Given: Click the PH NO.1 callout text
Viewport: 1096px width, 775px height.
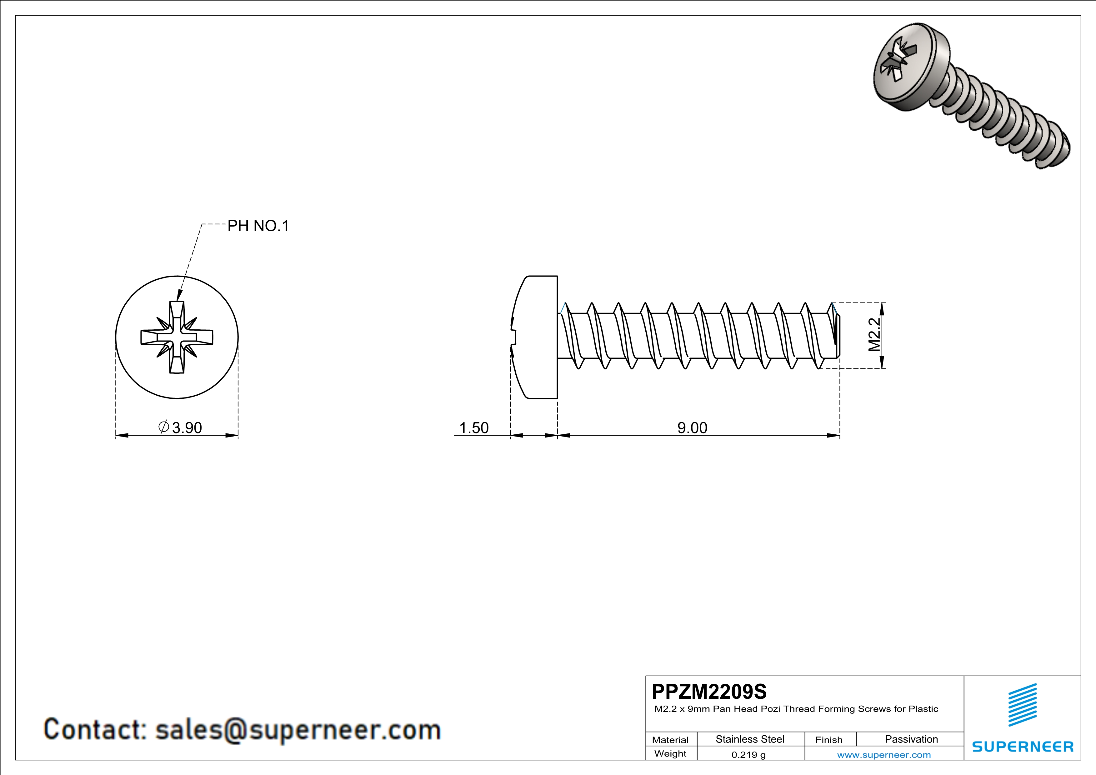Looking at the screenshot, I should pos(258,226).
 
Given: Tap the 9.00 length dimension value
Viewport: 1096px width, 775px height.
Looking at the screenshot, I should pos(692,427).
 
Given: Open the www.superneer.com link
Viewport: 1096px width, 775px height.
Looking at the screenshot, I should pos(883,754).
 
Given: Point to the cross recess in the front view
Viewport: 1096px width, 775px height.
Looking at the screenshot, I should pos(177,337).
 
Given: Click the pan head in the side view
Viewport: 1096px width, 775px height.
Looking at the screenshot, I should pos(535,337).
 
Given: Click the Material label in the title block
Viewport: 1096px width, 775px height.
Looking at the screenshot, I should pos(670,740).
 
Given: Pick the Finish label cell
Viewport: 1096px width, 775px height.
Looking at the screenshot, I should pos(829,740).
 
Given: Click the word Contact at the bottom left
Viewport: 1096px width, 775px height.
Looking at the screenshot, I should pos(94,730).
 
